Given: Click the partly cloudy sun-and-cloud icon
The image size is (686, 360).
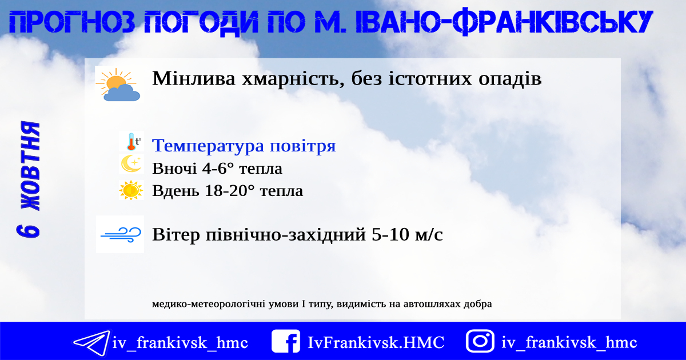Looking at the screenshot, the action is pyautogui.click(x=118, y=85).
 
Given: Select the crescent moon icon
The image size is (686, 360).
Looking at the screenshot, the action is pyautogui.click(x=131, y=163).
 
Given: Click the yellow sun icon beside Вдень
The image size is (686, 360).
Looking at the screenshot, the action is pyautogui.click(x=131, y=190).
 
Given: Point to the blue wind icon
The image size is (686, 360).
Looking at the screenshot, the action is pyautogui.click(x=121, y=235).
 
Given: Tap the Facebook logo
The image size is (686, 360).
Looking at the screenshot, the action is pyautogui.click(x=286, y=341).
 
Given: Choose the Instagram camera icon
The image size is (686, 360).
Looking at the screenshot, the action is pyautogui.click(x=480, y=341).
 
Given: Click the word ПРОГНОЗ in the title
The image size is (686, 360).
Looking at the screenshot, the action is pyautogui.click(x=72, y=22).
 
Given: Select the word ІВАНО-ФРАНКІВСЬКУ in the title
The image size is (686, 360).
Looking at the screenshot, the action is pyautogui.click(x=504, y=22).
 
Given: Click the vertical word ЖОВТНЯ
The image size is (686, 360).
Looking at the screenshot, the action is pyautogui.click(x=31, y=166).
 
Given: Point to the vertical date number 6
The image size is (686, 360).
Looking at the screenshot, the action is pyautogui.click(x=28, y=231).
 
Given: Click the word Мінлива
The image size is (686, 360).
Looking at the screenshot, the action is pyautogui.click(x=194, y=78).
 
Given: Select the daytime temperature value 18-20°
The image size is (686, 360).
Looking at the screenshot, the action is pyautogui.click(x=230, y=191).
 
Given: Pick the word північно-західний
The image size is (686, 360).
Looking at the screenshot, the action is pyautogui.click(x=285, y=235).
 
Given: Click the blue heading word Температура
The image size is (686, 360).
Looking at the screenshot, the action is pyautogui.click(x=208, y=146).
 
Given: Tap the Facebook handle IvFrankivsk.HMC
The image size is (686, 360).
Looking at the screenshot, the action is pyautogui.click(x=376, y=342).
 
